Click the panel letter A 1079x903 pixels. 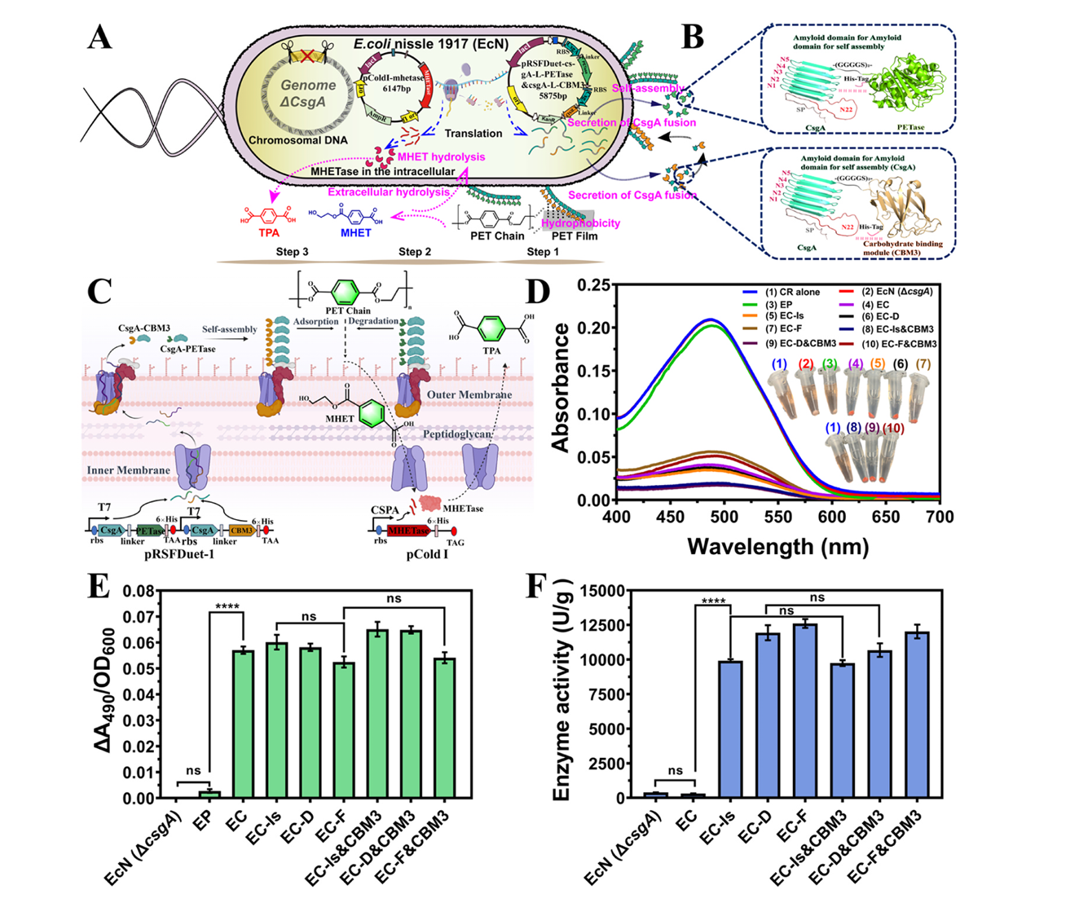tap(99, 37)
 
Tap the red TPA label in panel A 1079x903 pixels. tap(269, 232)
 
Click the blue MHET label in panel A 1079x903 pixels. tap(355, 232)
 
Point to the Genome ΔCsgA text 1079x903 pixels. tap(308, 93)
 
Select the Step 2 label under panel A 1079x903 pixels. tap(415, 251)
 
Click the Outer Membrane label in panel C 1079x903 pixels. tap(469, 394)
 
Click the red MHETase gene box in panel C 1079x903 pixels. tap(408, 531)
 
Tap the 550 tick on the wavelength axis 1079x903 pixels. tap(778, 517)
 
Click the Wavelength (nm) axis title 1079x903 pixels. tap(777, 546)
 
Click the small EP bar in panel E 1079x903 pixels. tap(209, 794)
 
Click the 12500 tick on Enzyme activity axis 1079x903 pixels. tap(623, 625)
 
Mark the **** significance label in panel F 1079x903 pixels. tap(713, 602)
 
